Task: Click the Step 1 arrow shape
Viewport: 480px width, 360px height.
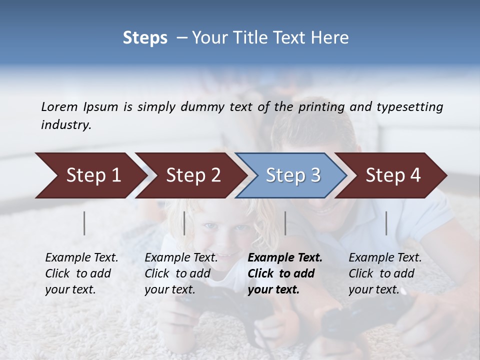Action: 90,175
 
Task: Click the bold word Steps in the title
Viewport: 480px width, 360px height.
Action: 145,37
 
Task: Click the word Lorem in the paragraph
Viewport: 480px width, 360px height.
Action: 59,106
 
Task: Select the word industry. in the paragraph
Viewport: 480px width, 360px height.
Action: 66,125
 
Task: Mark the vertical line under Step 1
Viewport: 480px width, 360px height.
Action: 84,223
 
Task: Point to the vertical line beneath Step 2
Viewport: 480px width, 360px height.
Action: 184,223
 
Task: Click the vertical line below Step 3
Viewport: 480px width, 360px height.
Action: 285,223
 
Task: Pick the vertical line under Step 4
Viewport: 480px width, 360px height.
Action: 386,223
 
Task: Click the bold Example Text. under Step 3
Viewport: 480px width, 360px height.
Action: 285,258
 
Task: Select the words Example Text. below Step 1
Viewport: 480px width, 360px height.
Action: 81,258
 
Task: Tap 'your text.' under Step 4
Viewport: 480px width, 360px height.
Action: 373,289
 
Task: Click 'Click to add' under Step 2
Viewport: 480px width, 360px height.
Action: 177,273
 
